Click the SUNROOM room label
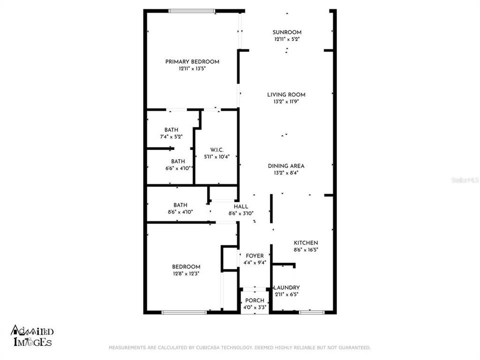click(x=287, y=32)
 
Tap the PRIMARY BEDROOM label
click(x=192, y=61)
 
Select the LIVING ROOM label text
click(x=286, y=94)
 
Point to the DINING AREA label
click(x=286, y=166)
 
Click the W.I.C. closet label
click(x=216, y=150)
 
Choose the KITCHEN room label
click(x=305, y=243)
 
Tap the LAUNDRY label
click(x=287, y=287)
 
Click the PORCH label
click(x=255, y=300)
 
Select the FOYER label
click(x=254, y=256)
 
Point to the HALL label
click(x=241, y=206)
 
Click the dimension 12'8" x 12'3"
click(x=186, y=273)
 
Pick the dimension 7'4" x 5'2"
click(x=171, y=136)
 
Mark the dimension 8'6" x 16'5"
click(x=305, y=249)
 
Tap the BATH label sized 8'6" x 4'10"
click(x=180, y=205)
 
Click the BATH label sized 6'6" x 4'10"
click(x=178, y=161)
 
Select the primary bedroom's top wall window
click(x=192, y=10)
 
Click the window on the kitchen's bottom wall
click(x=311, y=312)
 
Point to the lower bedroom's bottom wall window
click(x=184, y=312)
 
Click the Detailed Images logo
click(x=32, y=336)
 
